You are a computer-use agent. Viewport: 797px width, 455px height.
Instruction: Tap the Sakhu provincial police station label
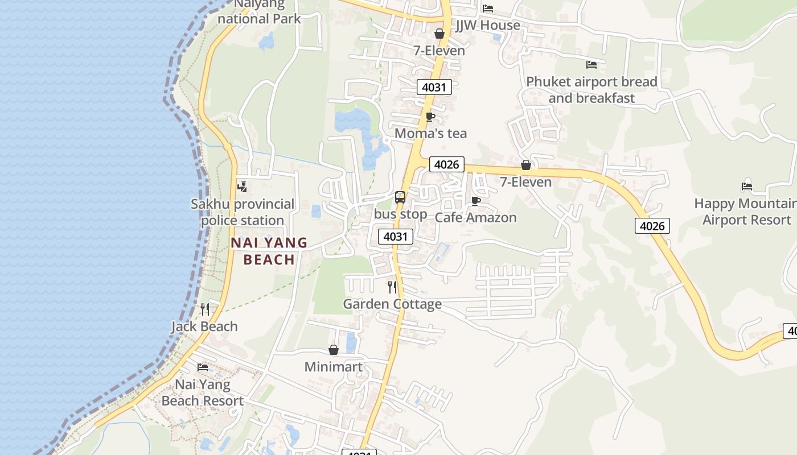coord(243,212)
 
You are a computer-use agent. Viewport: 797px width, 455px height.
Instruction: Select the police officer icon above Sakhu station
coord(242,187)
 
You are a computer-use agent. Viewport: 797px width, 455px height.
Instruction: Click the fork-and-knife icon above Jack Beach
coord(205,309)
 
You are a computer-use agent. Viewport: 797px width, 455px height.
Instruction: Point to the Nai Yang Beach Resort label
coord(203,392)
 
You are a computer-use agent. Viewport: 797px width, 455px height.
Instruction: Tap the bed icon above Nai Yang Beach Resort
coord(203,367)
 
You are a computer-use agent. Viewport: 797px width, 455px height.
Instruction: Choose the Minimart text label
coord(334,367)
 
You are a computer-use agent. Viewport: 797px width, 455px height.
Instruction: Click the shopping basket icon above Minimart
coord(334,350)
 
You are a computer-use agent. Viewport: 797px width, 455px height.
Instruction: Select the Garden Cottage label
coord(392,304)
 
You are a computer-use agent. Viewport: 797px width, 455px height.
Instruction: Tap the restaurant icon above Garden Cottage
coord(392,287)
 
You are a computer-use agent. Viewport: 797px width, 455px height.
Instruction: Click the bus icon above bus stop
coord(400,197)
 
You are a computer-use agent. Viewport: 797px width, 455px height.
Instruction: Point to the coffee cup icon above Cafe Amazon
coord(476,201)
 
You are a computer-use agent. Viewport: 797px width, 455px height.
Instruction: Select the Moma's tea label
coord(430,133)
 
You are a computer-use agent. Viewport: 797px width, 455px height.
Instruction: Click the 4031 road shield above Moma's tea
coord(434,87)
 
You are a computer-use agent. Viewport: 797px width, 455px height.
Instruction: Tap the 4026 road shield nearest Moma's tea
coord(447,164)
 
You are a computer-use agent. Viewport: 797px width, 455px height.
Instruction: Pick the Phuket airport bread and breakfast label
coord(591,90)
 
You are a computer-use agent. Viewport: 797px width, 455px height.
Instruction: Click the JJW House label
coord(488,25)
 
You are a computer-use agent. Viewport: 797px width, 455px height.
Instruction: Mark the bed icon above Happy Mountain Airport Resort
coord(747,186)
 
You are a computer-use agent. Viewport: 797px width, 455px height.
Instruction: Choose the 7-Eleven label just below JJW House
coord(439,51)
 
